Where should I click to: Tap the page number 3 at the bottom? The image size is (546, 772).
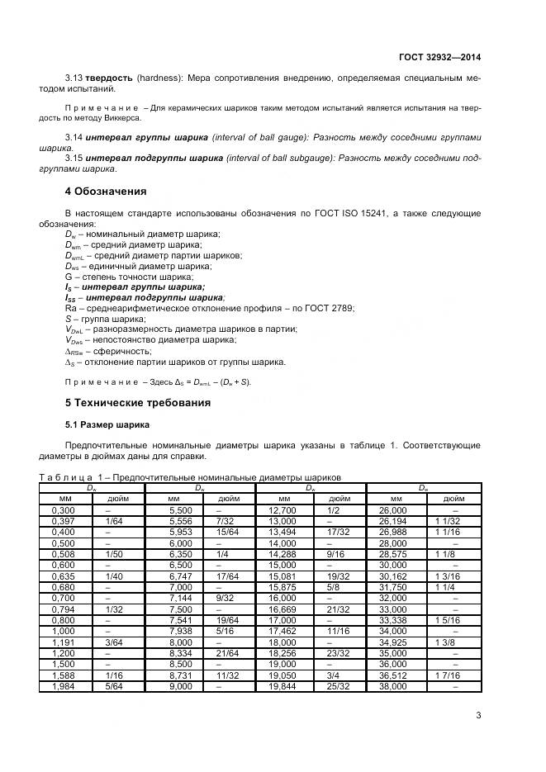478,717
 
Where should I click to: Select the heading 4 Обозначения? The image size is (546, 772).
106,192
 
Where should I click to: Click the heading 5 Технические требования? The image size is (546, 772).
138,402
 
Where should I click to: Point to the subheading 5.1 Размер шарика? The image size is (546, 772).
107,424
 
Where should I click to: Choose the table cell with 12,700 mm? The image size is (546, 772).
283,511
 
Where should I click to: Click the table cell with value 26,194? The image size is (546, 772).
395,521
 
